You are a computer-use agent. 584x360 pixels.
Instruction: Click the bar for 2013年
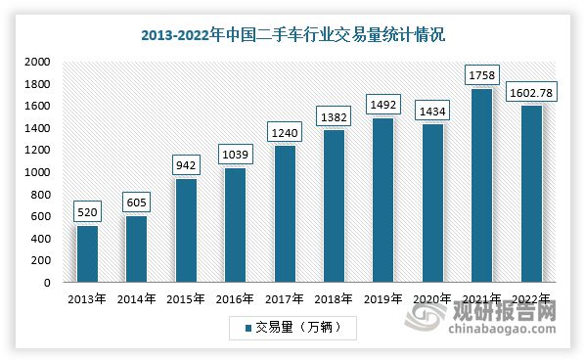pyautogui.click(x=86, y=254)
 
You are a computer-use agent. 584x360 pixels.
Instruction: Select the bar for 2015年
pyautogui.click(x=186, y=231)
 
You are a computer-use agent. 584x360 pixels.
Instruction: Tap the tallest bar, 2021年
pyautogui.click(x=482, y=186)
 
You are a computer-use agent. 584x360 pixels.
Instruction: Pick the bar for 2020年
pyautogui.click(x=432, y=203)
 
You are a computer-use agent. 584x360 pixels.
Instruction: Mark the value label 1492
pyautogui.click(x=383, y=101)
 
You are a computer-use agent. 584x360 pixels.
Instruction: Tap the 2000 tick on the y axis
pyautogui.click(x=37, y=62)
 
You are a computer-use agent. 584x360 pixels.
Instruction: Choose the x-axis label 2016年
pyautogui.click(x=235, y=297)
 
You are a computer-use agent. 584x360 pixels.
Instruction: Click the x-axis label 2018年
pyautogui.click(x=334, y=297)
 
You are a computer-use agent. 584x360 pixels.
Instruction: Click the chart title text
pyautogui.click(x=292, y=35)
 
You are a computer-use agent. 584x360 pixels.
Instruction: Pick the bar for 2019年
pyautogui.click(x=383, y=201)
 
